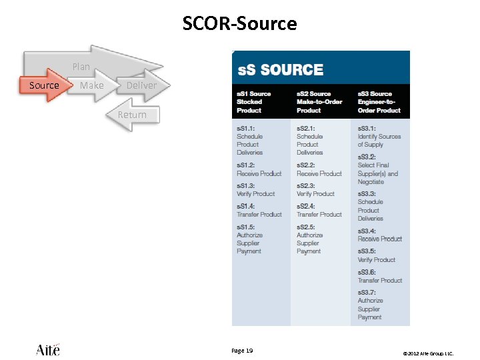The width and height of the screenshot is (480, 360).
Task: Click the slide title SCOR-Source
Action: click(x=240, y=24)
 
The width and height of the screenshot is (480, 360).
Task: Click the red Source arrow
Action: click(x=44, y=85)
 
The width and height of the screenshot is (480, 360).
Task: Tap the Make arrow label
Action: click(x=92, y=85)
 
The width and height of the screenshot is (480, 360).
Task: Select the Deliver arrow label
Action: click(x=141, y=85)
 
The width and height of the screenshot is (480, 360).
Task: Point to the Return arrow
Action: click(x=132, y=115)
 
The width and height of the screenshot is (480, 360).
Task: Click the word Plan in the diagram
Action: click(x=81, y=67)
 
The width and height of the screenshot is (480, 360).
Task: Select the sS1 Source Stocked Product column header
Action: click(x=254, y=102)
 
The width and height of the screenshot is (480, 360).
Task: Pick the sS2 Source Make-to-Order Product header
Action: click(x=319, y=102)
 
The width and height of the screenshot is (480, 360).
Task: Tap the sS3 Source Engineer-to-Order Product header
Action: click(x=379, y=102)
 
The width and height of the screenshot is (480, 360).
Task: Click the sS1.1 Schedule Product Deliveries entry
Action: click(x=250, y=140)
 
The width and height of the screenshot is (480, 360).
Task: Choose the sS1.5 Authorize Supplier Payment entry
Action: click(x=250, y=239)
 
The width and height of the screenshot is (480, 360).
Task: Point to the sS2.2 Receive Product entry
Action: click(x=319, y=169)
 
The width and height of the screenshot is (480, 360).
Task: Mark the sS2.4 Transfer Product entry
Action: click(x=319, y=211)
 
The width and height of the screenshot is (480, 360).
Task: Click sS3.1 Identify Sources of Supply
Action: click(x=379, y=136)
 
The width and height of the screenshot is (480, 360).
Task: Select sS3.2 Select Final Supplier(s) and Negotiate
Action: click(x=378, y=169)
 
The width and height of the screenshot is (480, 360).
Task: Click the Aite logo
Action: click(x=48, y=349)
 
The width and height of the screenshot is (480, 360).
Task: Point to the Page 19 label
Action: click(x=242, y=351)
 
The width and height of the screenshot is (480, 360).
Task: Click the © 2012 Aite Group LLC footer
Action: click(x=427, y=353)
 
